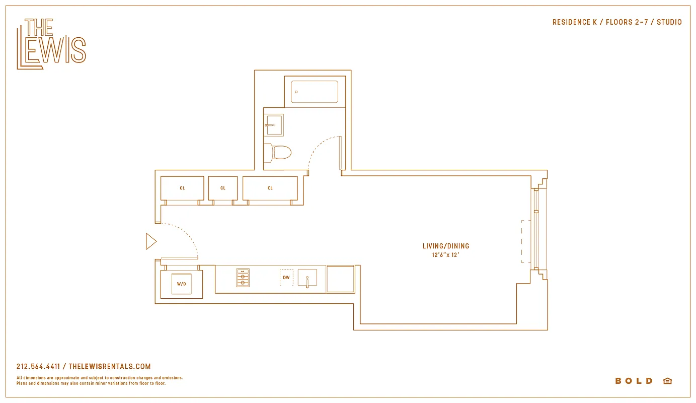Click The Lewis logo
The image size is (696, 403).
[51, 44]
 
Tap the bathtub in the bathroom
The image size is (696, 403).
[314, 92]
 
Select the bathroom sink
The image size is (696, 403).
[274, 125]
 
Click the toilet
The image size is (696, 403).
[279, 152]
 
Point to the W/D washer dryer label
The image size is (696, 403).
[181, 284]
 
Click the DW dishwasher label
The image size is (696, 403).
[286, 278]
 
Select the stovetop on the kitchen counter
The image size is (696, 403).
[243, 278]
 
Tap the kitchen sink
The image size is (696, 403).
[307, 278]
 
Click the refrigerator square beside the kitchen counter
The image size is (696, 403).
[340, 279]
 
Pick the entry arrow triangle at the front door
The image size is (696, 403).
[151, 241]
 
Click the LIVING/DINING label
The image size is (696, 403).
[446, 246]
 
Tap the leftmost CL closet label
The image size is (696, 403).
[182, 188]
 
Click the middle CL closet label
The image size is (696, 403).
[223, 188]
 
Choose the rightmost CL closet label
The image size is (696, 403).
[270, 188]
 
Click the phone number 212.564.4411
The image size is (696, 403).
[38, 367]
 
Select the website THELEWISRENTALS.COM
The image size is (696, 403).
[109, 367]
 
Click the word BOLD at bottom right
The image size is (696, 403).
[634, 381]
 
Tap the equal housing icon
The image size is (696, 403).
[667, 381]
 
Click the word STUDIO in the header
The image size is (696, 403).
[669, 22]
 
